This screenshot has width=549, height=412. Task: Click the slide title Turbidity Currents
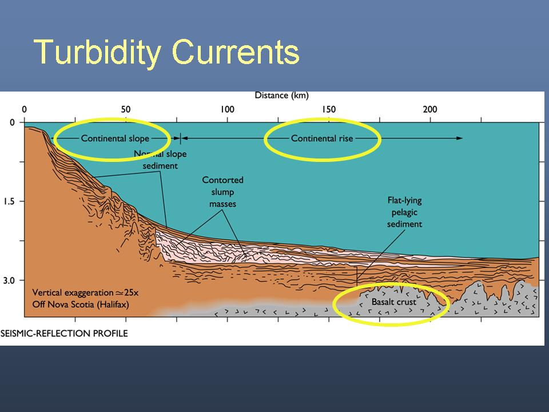tap(166, 53)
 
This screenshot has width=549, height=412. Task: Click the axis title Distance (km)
tap(281, 96)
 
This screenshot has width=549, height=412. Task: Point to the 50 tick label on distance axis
tap(126, 109)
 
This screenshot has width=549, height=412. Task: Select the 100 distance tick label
tap(227, 109)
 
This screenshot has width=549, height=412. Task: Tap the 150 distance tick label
tap(329, 109)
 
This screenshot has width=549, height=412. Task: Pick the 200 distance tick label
tap(430, 109)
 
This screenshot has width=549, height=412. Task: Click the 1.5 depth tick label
tap(9, 201)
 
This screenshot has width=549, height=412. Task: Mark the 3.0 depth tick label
tap(9, 280)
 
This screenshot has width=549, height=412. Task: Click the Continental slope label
tap(115, 138)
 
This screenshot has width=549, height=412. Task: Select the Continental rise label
tap(322, 138)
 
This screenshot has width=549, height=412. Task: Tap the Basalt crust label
tap(394, 302)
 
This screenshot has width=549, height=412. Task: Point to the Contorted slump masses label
tap(222, 192)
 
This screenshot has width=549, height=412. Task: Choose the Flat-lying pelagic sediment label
tap(404, 212)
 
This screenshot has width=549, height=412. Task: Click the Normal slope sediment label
tap(160, 160)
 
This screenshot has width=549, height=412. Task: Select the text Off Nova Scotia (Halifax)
tap(81, 304)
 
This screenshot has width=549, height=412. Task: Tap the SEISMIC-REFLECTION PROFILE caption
tap(64, 333)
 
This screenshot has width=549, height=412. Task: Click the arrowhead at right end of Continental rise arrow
tap(459, 138)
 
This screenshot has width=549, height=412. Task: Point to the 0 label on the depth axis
tap(12, 122)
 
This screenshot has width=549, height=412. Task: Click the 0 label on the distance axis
tap(24, 109)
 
